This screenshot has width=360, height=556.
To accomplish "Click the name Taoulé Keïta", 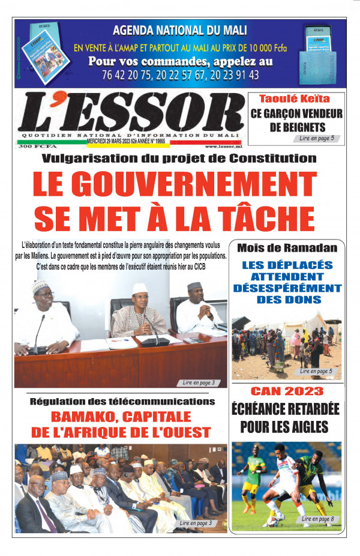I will point(294,99).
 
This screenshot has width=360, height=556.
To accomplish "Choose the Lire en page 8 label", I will point(317,518).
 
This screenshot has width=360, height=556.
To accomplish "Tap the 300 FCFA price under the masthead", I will point(34,147).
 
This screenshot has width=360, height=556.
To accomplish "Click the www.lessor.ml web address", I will point(223,146).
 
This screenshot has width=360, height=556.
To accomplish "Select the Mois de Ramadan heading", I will point(287,248).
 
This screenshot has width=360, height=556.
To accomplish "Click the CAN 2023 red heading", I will point(286,391).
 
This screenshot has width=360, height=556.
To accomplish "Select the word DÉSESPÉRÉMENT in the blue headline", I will point(287,288).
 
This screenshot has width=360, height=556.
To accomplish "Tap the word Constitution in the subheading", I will point(270,159).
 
